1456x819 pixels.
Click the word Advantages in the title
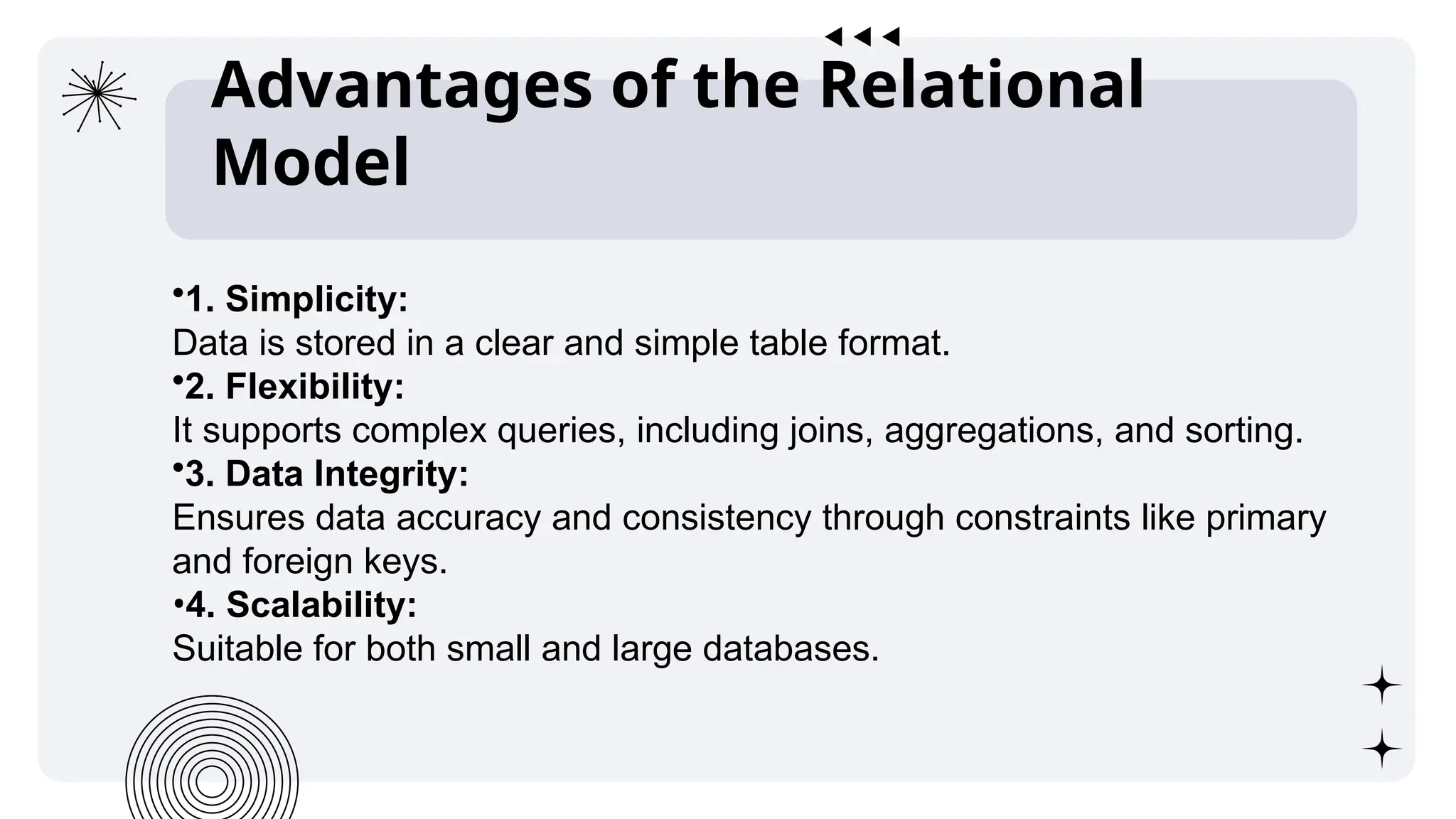click(x=402, y=87)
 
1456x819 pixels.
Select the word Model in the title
click(x=311, y=163)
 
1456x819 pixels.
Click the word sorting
click(x=1243, y=431)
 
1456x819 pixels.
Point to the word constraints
click(x=1042, y=518)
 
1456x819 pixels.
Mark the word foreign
click(x=298, y=562)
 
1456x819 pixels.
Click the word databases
click(x=791, y=649)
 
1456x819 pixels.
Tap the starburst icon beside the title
click(x=98, y=95)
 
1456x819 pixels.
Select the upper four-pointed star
click(x=1381, y=685)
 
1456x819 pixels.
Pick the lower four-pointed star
click(x=1381, y=749)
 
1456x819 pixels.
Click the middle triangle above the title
click(x=862, y=36)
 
